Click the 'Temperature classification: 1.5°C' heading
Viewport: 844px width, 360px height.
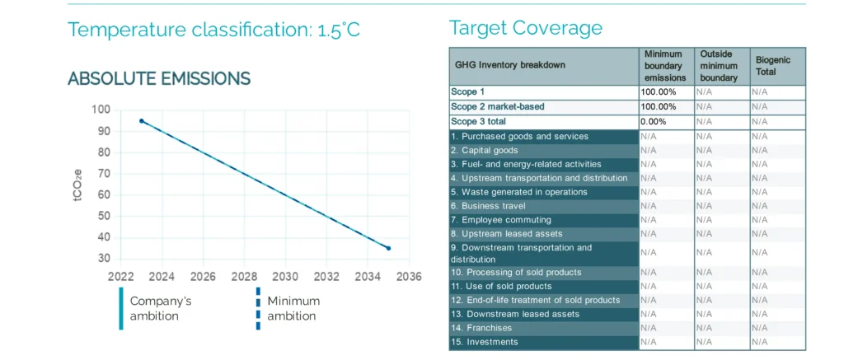[213, 30]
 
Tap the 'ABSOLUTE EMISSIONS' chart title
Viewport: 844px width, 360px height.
[159, 79]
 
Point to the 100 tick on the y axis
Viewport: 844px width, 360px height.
[101, 110]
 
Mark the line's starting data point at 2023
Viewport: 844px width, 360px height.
[142, 121]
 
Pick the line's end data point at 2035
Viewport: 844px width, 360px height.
[388, 248]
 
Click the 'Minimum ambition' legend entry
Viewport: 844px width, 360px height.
[293, 308]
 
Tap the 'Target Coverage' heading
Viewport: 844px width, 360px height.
[525, 28]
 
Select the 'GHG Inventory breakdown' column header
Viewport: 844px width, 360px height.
[510, 66]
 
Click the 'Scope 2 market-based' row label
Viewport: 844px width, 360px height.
[497, 107]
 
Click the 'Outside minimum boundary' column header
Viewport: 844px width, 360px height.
[718, 66]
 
